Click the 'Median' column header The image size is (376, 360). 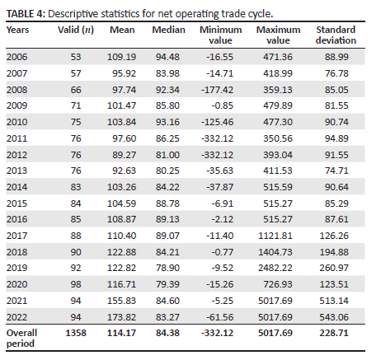pos(168,30)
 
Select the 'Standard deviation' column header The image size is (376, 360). pos(336,35)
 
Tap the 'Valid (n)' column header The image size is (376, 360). pos(76,30)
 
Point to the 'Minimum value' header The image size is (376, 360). pos(221,35)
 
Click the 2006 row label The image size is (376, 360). pos(16,57)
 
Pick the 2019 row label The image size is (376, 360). pos(16,268)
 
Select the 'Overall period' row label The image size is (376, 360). pos(21,338)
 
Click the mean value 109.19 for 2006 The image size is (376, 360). pos(121,57)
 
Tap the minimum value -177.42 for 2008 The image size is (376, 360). pos(217,90)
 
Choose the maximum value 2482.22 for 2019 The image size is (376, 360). pos(275,268)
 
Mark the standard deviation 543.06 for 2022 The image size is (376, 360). pos(334,317)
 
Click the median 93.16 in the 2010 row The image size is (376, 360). pos(167,122)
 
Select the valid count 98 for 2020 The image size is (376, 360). pos(76,284)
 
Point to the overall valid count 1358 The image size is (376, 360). pos(76,333)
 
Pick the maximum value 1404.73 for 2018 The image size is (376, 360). pos(275,252)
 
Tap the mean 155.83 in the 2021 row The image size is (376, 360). pos(121,301)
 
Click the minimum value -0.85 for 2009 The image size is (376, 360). pos(223,105)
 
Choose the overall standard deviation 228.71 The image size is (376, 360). pos(334,333)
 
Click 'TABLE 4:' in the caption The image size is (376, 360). pos(26,14)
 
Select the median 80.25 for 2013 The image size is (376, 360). pos(167,171)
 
